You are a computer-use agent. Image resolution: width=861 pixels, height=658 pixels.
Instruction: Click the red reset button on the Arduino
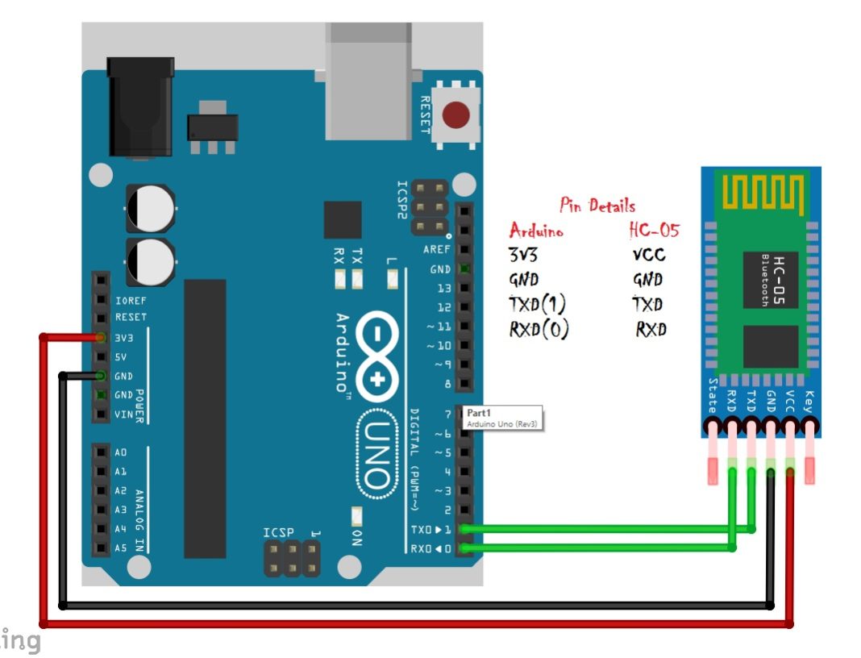(457, 115)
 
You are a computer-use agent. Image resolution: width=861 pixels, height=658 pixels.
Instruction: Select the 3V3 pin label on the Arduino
(124, 337)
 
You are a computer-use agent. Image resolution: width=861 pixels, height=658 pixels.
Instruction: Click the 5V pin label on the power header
(121, 356)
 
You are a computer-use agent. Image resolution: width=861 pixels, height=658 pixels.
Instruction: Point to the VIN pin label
(124, 414)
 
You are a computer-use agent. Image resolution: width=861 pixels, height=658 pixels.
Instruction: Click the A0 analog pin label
(121, 452)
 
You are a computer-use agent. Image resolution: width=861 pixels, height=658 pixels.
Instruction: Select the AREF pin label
(437, 250)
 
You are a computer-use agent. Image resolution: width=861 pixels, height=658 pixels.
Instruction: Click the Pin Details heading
(597, 206)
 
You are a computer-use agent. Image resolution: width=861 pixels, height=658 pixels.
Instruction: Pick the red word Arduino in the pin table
(536, 231)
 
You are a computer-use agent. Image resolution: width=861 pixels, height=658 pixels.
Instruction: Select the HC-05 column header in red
(654, 231)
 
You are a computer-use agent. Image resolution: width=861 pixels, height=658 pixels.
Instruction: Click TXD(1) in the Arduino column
(538, 305)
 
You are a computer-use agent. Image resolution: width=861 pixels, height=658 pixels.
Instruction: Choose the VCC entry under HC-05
(649, 256)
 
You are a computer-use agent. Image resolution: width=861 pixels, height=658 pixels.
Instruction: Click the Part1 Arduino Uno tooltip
(501, 417)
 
